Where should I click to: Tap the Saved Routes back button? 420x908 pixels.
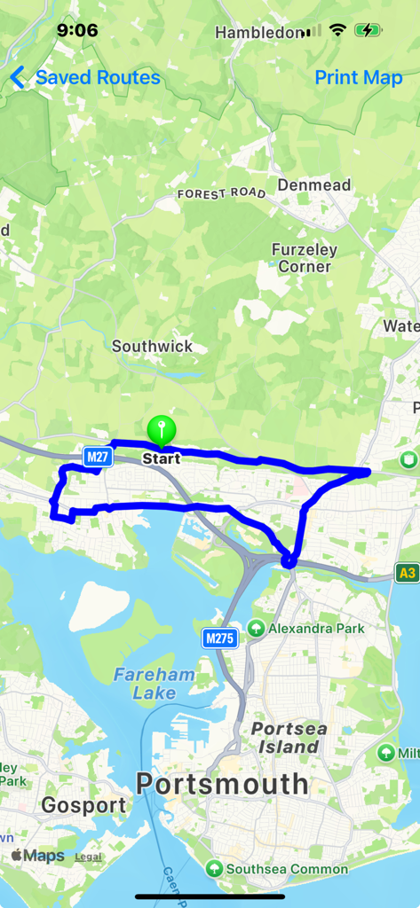tap(85, 78)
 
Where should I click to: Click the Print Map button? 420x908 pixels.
tap(359, 78)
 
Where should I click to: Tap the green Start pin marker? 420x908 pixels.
tap(161, 432)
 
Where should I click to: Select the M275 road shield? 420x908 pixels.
tap(218, 638)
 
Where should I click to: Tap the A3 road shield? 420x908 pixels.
tap(408, 573)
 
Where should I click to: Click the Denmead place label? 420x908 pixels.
tap(314, 185)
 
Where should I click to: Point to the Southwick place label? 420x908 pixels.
tap(152, 347)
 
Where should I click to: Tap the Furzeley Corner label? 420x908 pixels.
tap(305, 258)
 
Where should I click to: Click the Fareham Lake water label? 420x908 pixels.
tap(154, 684)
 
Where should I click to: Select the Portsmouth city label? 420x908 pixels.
tap(222, 784)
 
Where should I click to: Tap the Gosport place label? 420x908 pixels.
tap(83, 805)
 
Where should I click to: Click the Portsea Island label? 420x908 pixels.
tap(289, 738)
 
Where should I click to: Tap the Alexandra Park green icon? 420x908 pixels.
tap(256, 628)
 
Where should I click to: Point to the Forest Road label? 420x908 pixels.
tap(221, 193)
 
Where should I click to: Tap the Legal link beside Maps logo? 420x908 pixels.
tap(88, 857)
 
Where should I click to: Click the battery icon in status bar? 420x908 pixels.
tap(368, 31)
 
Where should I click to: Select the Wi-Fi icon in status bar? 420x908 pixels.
tap(337, 31)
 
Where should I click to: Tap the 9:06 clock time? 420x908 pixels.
tap(77, 31)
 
